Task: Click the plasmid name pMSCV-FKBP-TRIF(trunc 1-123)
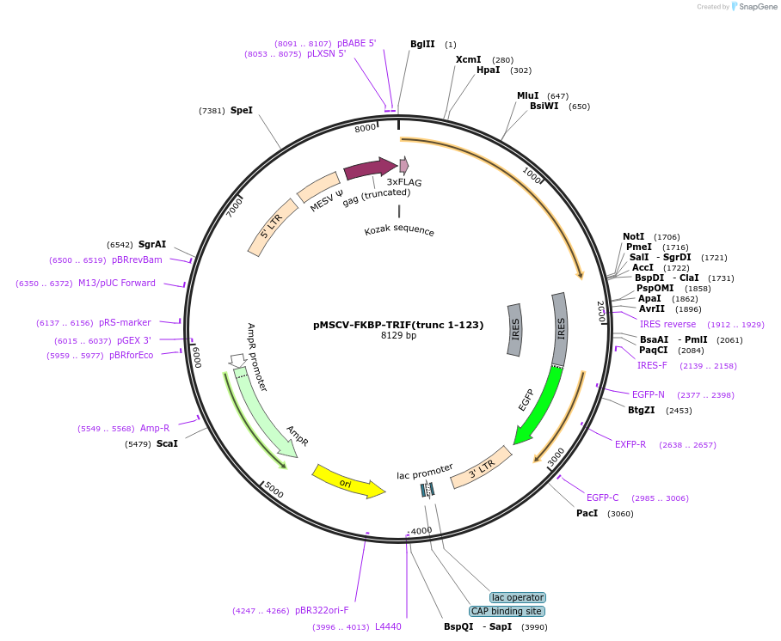click(x=398, y=325)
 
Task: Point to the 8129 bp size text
click(x=398, y=336)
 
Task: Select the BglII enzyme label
click(x=422, y=44)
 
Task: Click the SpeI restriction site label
click(x=242, y=110)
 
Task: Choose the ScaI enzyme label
click(x=167, y=443)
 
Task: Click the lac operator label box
click(x=518, y=597)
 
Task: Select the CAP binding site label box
click(x=507, y=611)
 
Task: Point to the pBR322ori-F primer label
click(x=322, y=610)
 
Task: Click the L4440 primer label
click(x=388, y=626)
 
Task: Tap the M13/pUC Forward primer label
click(x=117, y=283)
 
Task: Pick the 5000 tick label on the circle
click(x=274, y=490)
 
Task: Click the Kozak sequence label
click(x=399, y=230)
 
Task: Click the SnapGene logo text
click(x=758, y=7)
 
